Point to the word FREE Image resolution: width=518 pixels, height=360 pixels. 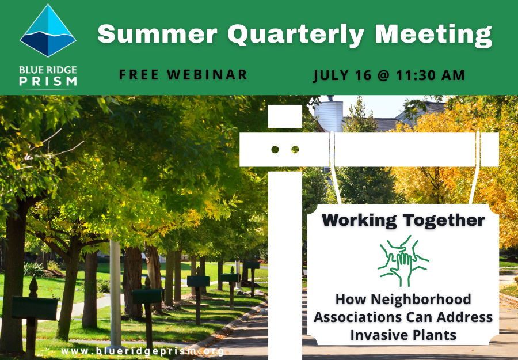coord(139,75)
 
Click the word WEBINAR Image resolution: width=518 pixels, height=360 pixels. coord(207,75)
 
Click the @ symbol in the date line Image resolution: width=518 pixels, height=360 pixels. coord(383,75)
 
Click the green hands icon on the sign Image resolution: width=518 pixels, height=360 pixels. coord(403,261)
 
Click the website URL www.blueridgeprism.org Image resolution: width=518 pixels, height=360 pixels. coord(143,351)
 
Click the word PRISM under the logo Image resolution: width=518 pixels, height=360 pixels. coord(48,81)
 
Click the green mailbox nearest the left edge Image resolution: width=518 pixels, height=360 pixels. coord(35,308)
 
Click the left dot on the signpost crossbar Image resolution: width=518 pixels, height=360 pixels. coord(275,150)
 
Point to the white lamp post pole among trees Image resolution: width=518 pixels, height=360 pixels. coord(115,293)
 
